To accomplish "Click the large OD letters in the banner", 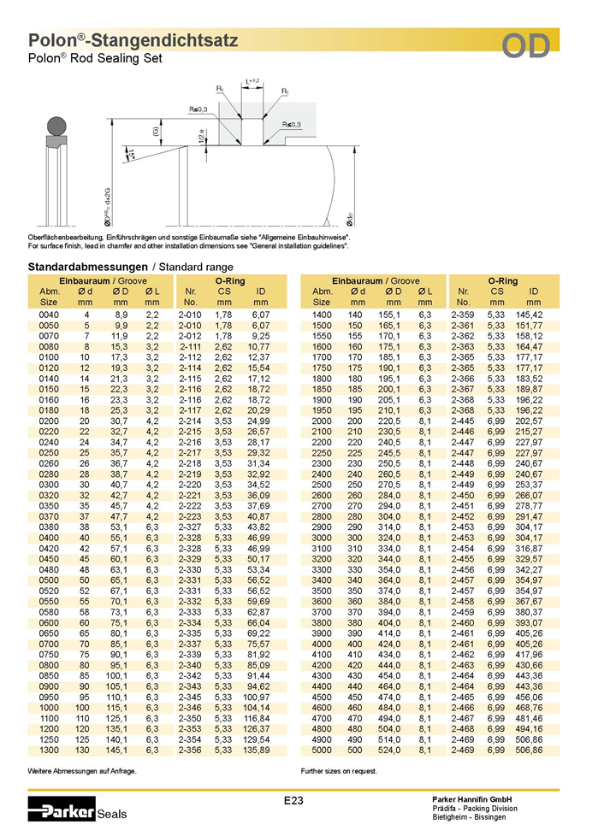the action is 525,46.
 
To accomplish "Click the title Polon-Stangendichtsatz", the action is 133,40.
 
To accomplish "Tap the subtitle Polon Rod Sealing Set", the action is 95,58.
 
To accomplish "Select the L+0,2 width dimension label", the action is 252,81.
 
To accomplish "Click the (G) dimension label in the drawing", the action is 157,131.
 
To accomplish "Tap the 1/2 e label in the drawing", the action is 201,135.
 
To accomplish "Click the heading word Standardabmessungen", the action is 88,267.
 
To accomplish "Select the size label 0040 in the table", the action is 49,315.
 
